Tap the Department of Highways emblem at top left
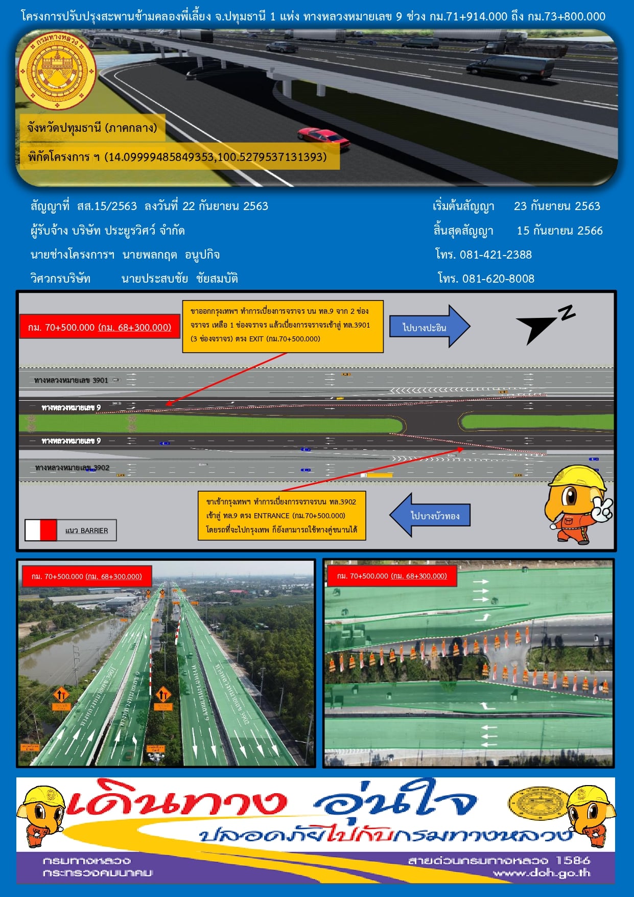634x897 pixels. (x=57, y=71)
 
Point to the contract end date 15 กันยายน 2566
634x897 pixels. (x=559, y=231)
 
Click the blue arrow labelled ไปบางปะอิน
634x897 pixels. (x=429, y=327)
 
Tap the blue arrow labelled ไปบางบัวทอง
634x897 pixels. (x=430, y=515)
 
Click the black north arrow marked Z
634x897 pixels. (x=544, y=324)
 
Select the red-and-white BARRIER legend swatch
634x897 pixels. (x=41, y=530)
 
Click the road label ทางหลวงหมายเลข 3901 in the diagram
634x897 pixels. (x=72, y=380)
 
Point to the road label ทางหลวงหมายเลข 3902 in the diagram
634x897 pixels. (x=72, y=468)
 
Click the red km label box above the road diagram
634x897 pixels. (x=100, y=327)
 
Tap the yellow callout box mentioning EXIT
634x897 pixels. (x=283, y=326)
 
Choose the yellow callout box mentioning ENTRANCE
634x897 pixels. (x=281, y=516)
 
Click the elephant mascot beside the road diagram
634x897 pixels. (x=578, y=503)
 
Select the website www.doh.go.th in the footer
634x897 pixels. (x=542, y=872)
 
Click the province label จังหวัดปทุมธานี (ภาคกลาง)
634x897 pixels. (x=92, y=128)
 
